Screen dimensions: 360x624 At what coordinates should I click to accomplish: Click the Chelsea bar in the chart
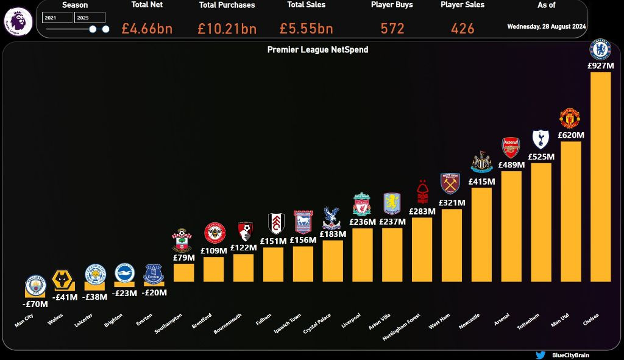click(600, 177)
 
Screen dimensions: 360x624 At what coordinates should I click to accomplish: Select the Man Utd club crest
click(570, 118)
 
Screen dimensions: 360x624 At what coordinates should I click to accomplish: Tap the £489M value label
click(511, 164)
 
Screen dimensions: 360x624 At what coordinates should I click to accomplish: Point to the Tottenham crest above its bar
click(541, 139)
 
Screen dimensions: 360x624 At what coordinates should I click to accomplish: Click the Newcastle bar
click(481, 235)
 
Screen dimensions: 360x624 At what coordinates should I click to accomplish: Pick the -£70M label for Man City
click(35, 303)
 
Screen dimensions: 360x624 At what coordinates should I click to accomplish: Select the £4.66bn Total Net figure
click(147, 29)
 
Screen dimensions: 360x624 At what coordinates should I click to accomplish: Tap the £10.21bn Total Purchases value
click(227, 29)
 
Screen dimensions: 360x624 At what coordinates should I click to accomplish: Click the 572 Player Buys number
click(392, 29)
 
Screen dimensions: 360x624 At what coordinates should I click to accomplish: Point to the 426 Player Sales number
click(463, 29)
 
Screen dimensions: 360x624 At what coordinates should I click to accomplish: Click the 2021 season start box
click(57, 18)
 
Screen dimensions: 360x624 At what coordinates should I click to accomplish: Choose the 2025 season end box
click(90, 18)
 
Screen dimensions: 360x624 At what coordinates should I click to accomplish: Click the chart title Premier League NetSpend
click(317, 49)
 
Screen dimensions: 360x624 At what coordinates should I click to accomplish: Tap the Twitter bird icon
click(540, 355)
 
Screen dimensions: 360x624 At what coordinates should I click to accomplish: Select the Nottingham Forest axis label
click(402, 327)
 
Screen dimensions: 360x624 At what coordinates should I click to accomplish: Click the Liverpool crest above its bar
click(362, 205)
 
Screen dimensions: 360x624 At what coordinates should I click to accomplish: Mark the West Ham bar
click(452, 245)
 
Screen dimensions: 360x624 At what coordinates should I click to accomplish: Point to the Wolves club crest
click(65, 280)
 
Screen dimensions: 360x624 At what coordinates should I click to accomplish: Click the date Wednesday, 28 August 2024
click(547, 27)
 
